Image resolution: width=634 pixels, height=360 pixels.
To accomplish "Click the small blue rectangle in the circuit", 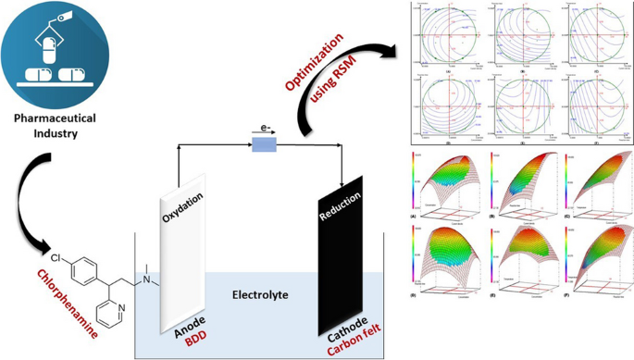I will point(263,144).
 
